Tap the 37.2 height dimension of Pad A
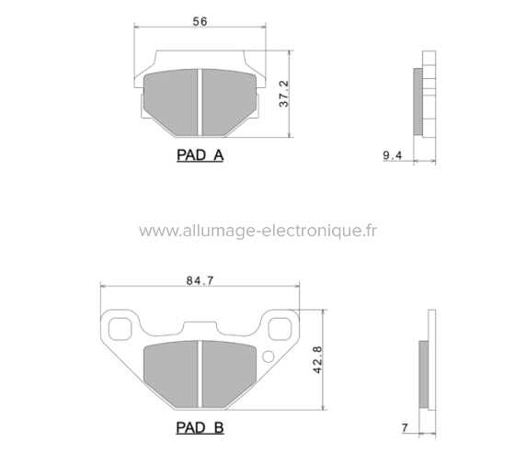[x=284, y=94]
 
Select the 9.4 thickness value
[x=392, y=157]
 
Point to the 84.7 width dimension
[x=199, y=280]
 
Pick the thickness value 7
[x=404, y=428]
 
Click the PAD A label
[x=200, y=155]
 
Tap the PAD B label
[x=200, y=427]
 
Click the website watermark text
[x=258, y=230]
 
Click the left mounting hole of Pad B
[x=120, y=326]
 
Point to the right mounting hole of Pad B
[x=279, y=326]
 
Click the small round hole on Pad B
[x=268, y=357]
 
